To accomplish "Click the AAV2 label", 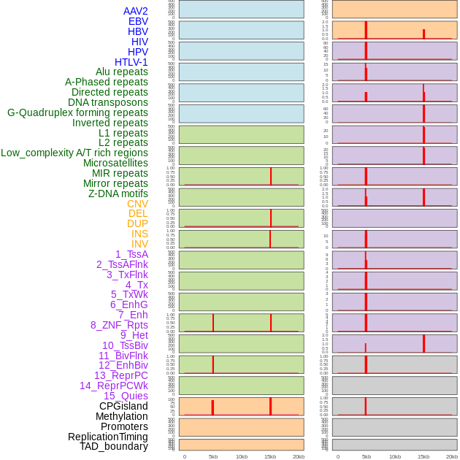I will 136,11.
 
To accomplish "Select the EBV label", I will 138,21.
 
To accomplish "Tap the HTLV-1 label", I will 131,62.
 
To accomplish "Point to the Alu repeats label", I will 122,72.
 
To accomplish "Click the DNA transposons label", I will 108,102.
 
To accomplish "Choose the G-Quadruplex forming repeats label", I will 77,112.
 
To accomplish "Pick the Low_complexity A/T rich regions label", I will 74,153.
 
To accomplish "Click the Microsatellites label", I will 115,163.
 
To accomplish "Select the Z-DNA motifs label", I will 118,193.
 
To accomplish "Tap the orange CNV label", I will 137,204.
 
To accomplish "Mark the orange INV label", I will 139,244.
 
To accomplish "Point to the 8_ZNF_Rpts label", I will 119,325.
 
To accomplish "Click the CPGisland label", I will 123,406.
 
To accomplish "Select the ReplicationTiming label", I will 108,437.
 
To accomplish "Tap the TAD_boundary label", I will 114,446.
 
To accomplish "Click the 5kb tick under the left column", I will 213,456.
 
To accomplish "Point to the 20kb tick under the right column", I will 452,456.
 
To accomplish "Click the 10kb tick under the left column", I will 242,456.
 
